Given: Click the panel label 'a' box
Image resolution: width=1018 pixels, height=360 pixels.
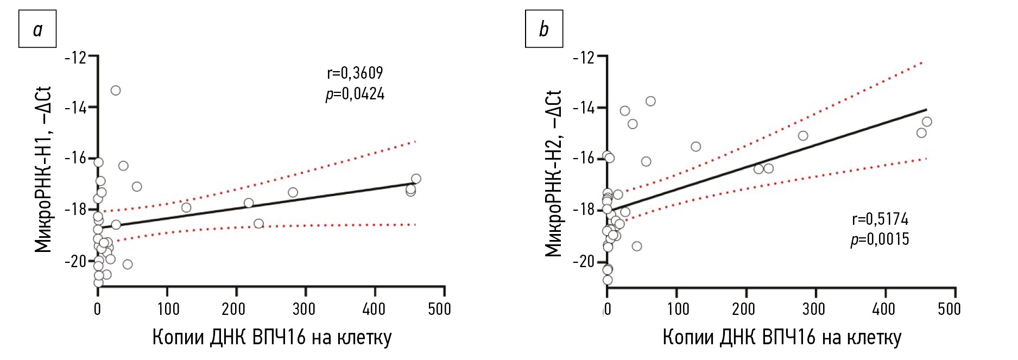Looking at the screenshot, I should (37, 29).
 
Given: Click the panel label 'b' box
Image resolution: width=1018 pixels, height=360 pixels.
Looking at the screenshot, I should (543, 29).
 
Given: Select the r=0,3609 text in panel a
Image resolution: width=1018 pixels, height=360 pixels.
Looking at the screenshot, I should (355, 73).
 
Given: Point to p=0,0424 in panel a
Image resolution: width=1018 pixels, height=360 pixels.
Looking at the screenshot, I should (355, 94).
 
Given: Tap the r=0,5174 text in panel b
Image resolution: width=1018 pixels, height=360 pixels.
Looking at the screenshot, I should (880, 219).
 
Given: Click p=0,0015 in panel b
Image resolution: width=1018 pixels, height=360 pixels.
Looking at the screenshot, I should (880, 239).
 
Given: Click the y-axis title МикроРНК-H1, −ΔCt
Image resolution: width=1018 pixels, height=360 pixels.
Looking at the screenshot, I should (43, 169).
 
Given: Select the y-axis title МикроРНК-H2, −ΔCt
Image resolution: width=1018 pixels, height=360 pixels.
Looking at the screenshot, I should (553, 173).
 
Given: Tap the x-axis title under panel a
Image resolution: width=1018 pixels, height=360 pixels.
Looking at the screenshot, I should (271, 337).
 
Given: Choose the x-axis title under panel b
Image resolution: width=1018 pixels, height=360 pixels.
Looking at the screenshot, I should (782, 337).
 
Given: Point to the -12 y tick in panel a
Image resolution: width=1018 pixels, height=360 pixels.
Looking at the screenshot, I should (75, 57).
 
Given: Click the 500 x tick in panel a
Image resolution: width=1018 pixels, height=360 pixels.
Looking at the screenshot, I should (439, 309).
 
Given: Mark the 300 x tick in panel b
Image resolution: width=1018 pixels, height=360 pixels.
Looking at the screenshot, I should (813, 309).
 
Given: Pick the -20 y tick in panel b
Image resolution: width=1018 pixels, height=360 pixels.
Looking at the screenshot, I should (584, 261).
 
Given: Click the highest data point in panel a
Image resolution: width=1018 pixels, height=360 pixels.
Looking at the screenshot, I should (116, 90).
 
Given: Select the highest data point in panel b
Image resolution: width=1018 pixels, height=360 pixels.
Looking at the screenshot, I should (650, 101).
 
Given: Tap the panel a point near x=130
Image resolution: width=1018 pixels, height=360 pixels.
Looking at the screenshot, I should (186, 207).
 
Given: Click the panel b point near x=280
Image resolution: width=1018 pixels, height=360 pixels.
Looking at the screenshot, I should (803, 136).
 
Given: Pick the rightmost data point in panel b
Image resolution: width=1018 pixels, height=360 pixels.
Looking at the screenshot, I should (927, 122).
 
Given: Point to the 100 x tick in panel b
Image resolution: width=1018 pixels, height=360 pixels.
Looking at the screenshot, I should (678, 309).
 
